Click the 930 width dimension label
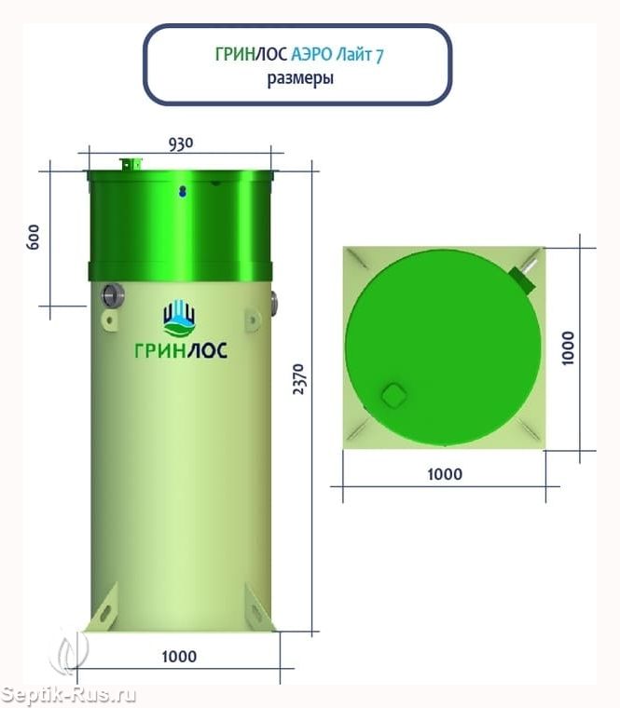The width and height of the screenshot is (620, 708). (181, 143)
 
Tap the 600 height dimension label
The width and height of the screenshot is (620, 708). (33, 237)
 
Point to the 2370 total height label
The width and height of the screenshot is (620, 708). (299, 379)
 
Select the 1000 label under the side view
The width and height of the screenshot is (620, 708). (179, 656)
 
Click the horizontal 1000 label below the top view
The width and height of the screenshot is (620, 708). (445, 474)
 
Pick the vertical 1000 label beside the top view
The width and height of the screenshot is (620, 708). (568, 347)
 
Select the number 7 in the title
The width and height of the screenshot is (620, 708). (379, 56)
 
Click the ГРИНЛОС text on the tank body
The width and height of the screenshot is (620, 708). (181, 350)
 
